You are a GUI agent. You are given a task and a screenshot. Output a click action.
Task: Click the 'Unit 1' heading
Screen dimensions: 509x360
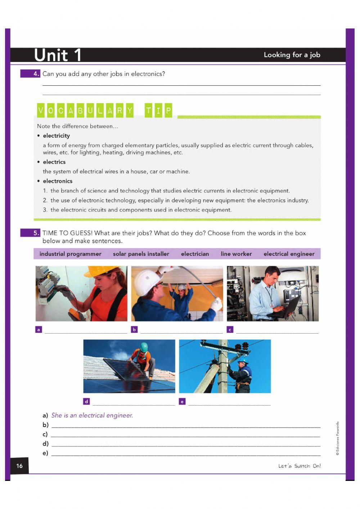[x=58, y=55]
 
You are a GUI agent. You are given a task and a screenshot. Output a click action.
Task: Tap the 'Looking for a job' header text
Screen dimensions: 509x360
[x=292, y=55]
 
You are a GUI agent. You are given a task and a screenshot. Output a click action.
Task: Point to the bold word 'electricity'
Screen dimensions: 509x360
[x=56, y=136]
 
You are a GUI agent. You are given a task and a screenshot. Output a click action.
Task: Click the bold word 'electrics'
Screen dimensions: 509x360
[x=54, y=162]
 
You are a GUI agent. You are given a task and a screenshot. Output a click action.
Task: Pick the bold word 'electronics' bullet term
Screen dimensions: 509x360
[x=58, y=181]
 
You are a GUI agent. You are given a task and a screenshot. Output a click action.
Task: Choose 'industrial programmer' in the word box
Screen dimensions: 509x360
[x=70, y=254]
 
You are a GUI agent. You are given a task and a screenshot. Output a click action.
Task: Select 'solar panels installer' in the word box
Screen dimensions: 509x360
[x=141, y=254]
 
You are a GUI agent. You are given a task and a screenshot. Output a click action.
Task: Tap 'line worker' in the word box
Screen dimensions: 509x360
[x=236, y=254]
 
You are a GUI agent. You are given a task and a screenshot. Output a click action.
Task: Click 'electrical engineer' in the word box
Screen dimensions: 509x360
[x=289, y=254]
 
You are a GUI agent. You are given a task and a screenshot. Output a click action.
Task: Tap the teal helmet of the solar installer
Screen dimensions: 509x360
[x=144, y=347]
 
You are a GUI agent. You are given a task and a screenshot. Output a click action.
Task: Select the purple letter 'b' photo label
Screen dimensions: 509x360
[x=134, y=329]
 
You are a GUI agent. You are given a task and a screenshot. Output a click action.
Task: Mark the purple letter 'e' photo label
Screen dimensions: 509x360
[x=182, y=401]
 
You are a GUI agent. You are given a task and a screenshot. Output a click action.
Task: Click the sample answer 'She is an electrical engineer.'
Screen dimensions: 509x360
[x=92, y=415]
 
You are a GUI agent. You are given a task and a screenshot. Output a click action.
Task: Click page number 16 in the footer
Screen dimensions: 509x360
[x=19, y=466]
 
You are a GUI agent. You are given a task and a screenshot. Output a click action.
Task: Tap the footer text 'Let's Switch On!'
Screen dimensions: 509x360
[x=299, y=466]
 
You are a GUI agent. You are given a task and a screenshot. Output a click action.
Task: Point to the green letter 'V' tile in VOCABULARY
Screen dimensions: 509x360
[x=41, y=111]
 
